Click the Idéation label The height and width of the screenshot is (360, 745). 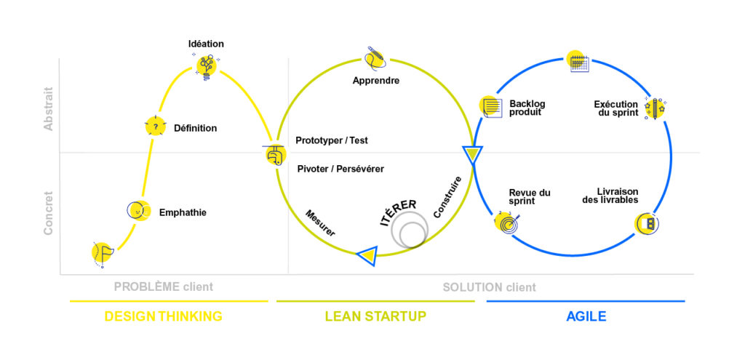[206, 44]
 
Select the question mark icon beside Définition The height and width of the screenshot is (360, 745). [155, 127]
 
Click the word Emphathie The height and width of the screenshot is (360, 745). [183, 213]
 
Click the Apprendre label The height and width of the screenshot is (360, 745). [375, 81]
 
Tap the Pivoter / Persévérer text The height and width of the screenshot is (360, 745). [340, 169]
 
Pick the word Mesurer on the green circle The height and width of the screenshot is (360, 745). [320, 222]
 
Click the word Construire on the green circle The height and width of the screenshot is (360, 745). [447, 197]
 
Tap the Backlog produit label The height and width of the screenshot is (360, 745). [527, 108]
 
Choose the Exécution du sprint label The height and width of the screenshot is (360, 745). [615, 108]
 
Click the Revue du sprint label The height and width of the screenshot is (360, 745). [530, 196]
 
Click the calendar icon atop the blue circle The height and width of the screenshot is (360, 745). [579, 63]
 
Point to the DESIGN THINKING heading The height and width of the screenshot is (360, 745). [163, 316]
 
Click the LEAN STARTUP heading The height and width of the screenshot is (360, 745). [375, 316]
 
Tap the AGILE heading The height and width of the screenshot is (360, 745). [586, 316]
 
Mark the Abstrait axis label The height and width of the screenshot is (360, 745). [48, 109]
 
